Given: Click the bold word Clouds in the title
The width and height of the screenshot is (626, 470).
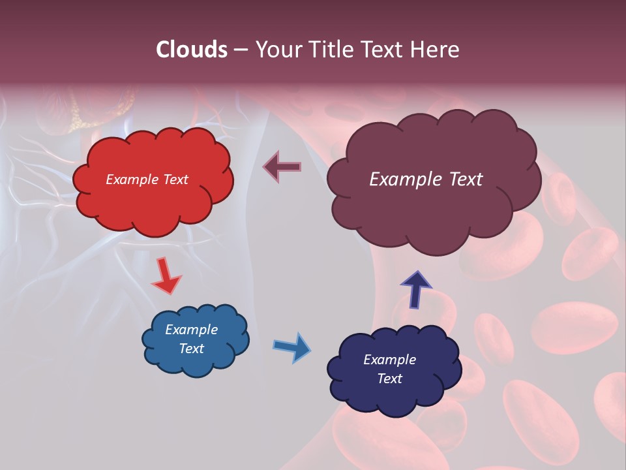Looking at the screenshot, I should pyautogui.click(x=192, y=50).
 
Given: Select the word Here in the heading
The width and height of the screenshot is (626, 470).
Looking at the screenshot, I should pyautogui.click(x=436, y=50).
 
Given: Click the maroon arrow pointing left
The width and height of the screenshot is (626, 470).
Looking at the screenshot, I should pyautogui.click(x=282, y=167).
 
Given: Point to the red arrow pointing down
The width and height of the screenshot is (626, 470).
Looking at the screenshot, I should pyautogui.click(x=166, y=275).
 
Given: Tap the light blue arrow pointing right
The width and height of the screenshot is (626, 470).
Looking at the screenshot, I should pyautogui.click(x=291, y=347).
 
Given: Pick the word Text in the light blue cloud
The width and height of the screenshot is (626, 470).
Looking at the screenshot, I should pyautogui.click(x=191, y=349).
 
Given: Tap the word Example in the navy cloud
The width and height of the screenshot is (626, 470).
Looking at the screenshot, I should pyautogui.click(x=389, y=360).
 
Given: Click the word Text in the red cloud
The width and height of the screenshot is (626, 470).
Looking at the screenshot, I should pyautogui.click(x=175, y=180).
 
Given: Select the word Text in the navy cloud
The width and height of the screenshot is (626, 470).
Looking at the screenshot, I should pyautogui.click(x=389, y=379).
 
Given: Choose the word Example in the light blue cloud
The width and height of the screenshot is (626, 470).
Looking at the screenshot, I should pyautogui.click(x=191, y=330).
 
